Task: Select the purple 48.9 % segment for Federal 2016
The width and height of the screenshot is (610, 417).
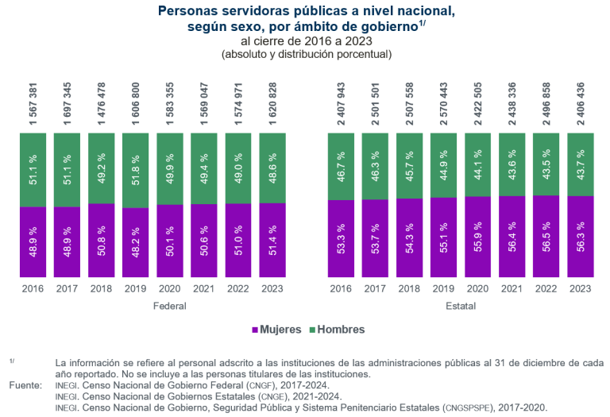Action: click(33, 242)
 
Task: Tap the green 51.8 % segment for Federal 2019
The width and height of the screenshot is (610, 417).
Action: click(135, 170)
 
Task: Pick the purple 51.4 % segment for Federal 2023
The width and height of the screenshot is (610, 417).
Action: click(272, 240)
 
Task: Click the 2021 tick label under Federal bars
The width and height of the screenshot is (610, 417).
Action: click(203, 289)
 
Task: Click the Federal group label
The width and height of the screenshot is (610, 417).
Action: click(169, 305)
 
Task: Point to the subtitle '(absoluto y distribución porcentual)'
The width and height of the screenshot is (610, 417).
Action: click(306, 54)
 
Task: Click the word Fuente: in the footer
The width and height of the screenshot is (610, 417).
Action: click(25, 385)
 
